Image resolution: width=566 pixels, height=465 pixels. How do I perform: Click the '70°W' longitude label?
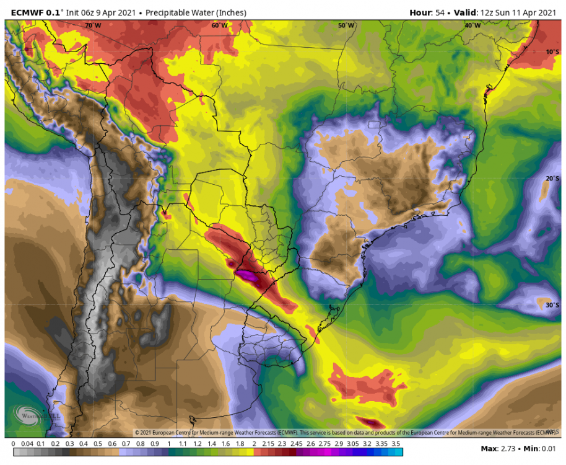(x=93, y=25)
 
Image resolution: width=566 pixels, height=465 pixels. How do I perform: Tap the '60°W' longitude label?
(x=219, y=25)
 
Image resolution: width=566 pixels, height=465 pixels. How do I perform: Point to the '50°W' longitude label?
(x=346, y=25)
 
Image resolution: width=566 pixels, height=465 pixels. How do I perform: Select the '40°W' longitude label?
(x=472, y=25)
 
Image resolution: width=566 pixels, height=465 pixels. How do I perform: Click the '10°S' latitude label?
(x=552, y=51)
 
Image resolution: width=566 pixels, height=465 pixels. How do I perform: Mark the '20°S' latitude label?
(x=552, y=179)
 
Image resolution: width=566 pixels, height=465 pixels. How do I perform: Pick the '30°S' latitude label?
(x=552, y=305)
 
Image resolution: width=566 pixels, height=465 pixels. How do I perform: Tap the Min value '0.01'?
(x=550, y=448)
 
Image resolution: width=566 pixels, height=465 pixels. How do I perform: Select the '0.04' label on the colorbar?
(x=27, y=444)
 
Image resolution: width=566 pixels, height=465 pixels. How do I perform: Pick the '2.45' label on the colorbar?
(x=295, y=444)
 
